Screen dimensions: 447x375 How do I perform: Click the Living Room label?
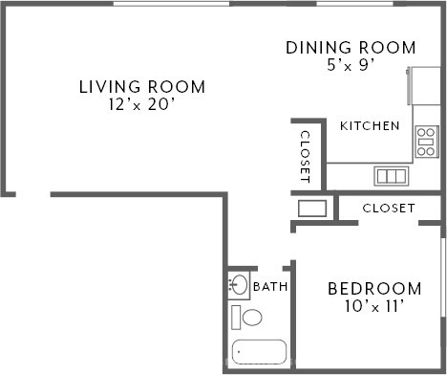142,87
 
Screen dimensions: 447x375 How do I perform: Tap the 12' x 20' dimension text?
142,104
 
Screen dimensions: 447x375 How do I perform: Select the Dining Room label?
351,48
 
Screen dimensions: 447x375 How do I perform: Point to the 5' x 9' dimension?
351,65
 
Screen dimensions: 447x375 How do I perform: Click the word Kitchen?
370,126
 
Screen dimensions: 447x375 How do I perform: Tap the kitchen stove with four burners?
427,142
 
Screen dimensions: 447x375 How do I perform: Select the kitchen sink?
392,176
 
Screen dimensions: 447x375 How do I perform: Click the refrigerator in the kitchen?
424,86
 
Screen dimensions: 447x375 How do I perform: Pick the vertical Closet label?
305,157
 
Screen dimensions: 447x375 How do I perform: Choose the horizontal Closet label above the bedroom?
389,209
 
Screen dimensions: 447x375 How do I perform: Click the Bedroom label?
374,289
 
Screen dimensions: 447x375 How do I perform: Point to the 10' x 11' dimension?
374,306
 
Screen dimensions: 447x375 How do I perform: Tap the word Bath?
270,287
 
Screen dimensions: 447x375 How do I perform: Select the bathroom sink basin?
239,285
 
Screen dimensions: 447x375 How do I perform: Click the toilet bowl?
252,318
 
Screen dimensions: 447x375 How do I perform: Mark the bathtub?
259,352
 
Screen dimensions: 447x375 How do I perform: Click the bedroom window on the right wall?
442,277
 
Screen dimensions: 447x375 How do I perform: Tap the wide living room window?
171,4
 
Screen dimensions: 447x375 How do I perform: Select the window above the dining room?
355,4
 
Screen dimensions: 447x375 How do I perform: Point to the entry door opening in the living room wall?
33,194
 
